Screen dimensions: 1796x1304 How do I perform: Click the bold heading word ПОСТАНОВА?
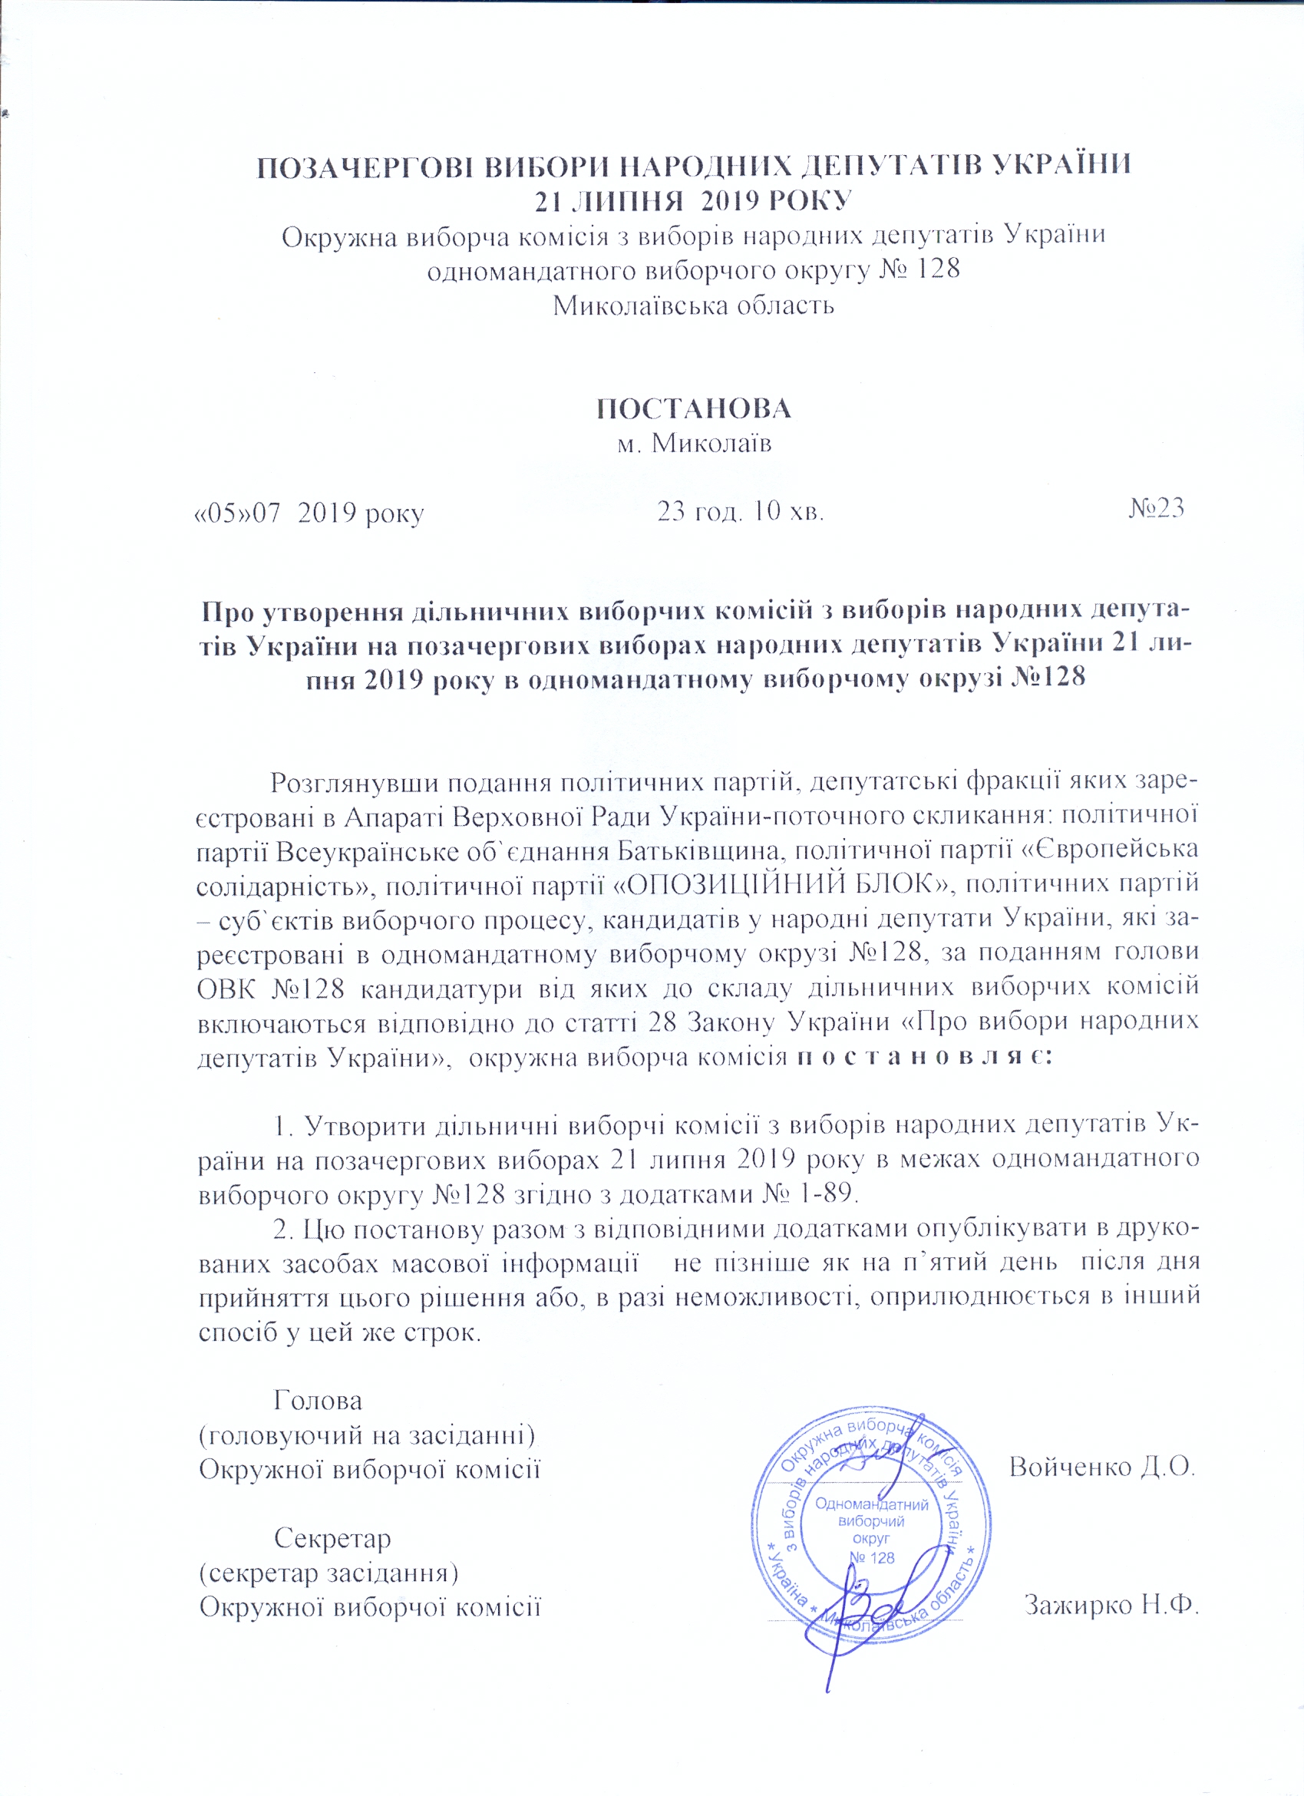click(694, 408)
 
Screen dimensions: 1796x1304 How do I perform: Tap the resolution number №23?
click(1156, 508)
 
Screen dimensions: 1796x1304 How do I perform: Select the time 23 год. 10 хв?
click(741, 512)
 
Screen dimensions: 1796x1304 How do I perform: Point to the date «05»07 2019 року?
click(309, 513)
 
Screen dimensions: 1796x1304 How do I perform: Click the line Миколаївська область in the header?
click(694, 305)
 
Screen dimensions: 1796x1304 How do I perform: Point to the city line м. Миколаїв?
click(694, 444)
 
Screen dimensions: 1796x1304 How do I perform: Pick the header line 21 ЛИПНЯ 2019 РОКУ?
click(694, 200)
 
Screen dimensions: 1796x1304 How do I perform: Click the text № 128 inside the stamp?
click(872, 1557)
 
